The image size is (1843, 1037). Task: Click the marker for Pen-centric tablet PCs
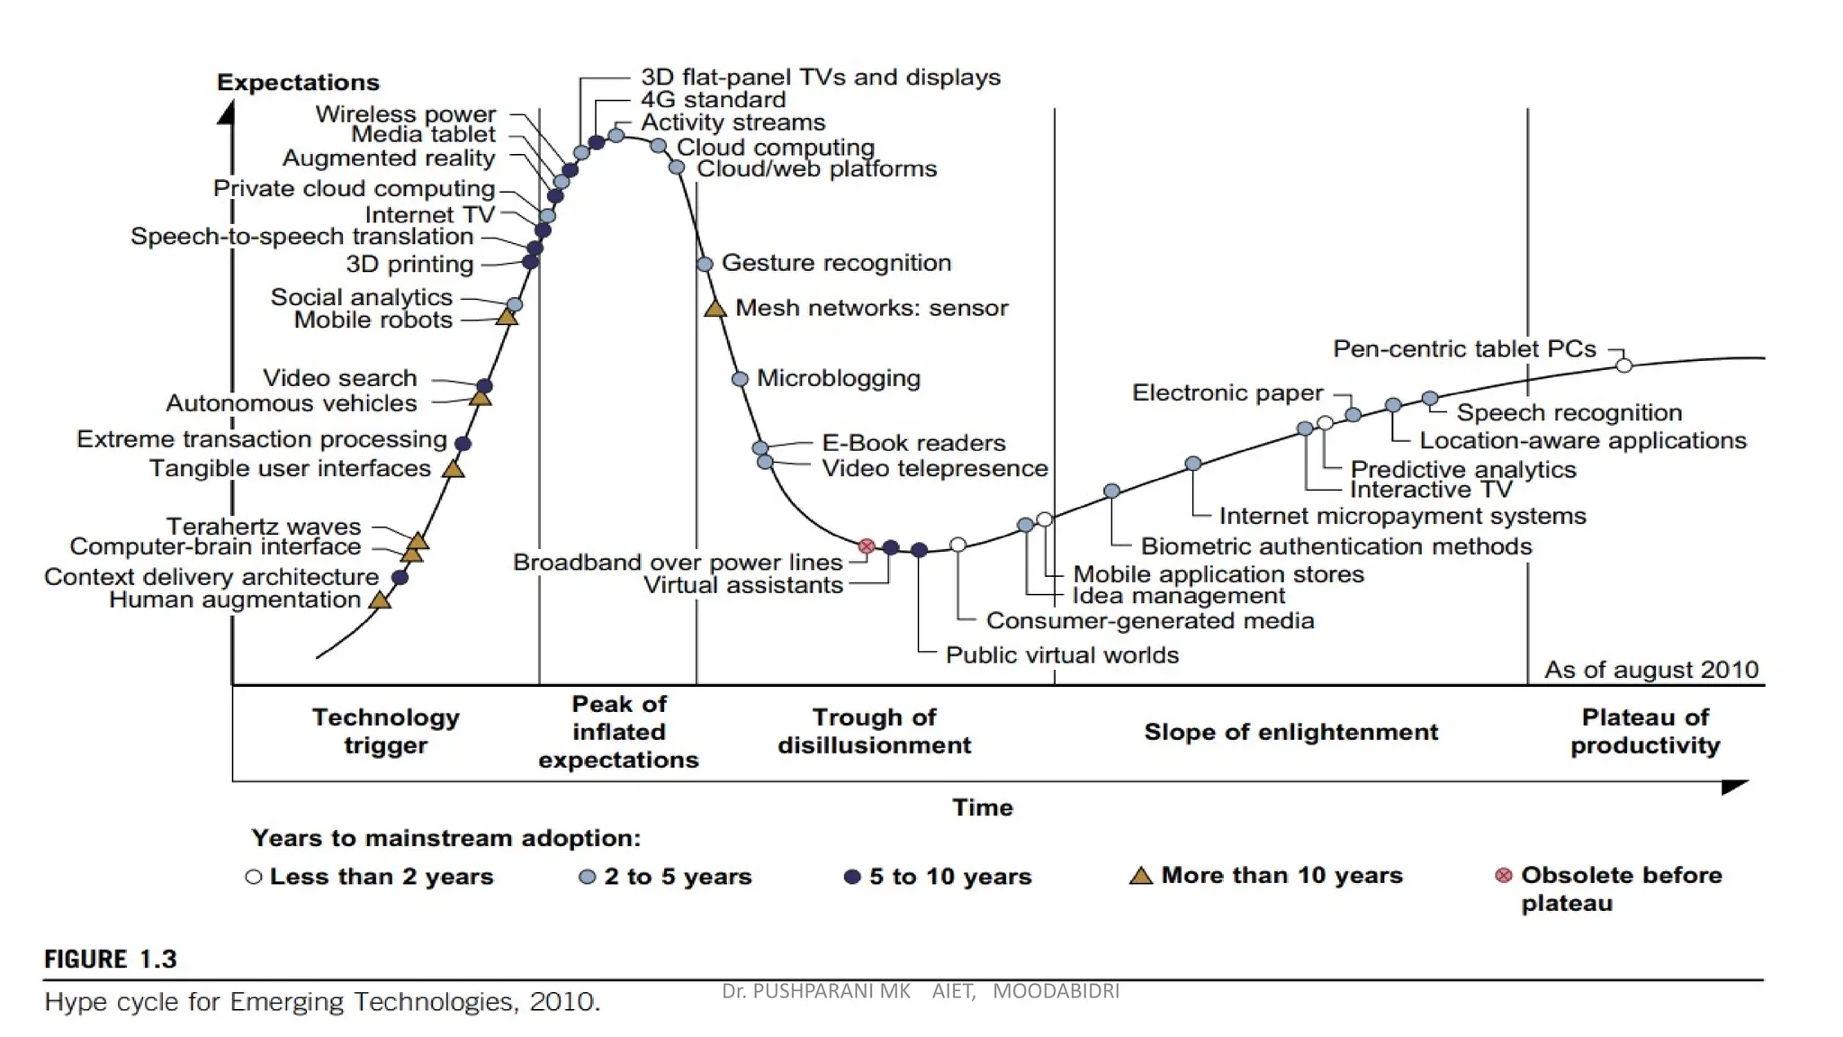1623,365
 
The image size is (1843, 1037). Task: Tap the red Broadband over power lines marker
867,546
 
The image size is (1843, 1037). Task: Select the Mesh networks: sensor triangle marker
715,309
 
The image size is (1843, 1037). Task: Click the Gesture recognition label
836,263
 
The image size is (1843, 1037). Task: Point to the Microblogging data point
740,379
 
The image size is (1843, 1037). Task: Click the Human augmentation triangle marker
381,600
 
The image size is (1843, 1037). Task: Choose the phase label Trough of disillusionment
874,731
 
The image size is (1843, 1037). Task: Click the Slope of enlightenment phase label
1290,732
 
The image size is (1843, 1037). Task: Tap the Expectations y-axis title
298,83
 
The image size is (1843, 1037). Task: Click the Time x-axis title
982,807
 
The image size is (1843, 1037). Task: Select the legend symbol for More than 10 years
1140,876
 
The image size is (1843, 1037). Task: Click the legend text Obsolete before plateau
1620,888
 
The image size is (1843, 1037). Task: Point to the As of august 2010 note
1650,670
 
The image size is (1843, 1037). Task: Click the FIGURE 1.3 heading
111,960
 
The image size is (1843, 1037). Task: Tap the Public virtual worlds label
1062,655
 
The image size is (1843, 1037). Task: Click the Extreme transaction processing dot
463,443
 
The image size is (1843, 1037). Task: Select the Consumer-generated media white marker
958,545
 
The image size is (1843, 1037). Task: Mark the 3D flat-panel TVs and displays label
820,77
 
